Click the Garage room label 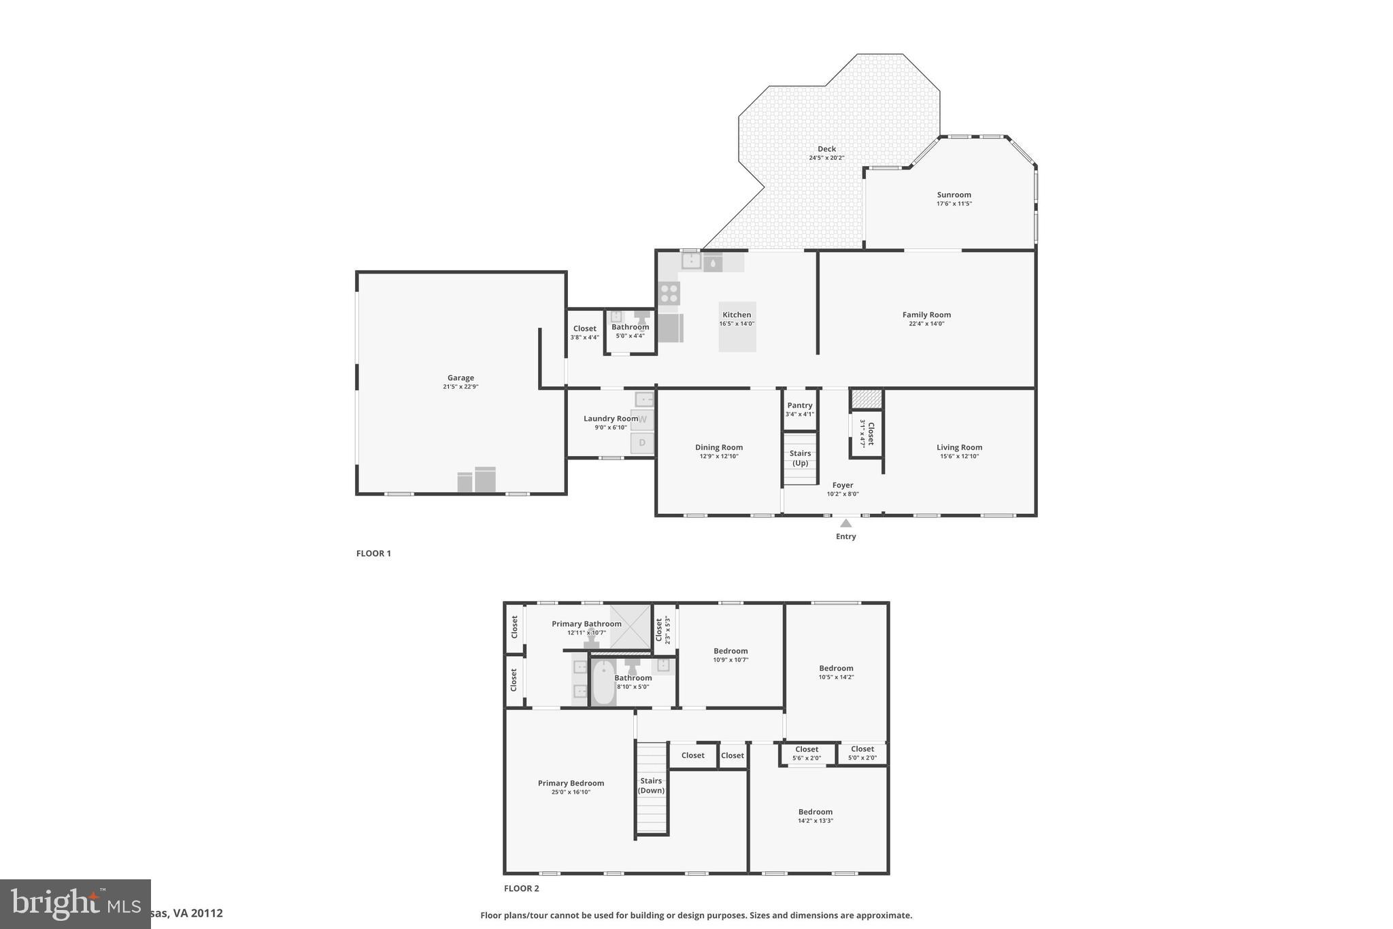tap(460, 378)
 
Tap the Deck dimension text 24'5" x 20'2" tap(826, 158)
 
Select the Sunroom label tap(954, 195)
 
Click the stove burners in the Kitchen tap(669, 293)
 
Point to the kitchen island tap(737, 327)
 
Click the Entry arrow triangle tap(845, 523)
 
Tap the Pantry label tap(799, 405)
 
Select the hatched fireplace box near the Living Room tap(867, 399)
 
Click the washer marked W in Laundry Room tap(642, 420)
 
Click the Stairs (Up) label tap(800, 458)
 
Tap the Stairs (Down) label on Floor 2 tap(651, 785)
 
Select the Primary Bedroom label tap(571, 783)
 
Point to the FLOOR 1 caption tap(373, 553)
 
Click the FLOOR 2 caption tap(521, 888)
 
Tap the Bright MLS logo tap(75, 904)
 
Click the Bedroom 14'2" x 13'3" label tap(815, 812)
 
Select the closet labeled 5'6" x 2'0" tap(807, 753)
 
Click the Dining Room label tap(718, 447)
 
